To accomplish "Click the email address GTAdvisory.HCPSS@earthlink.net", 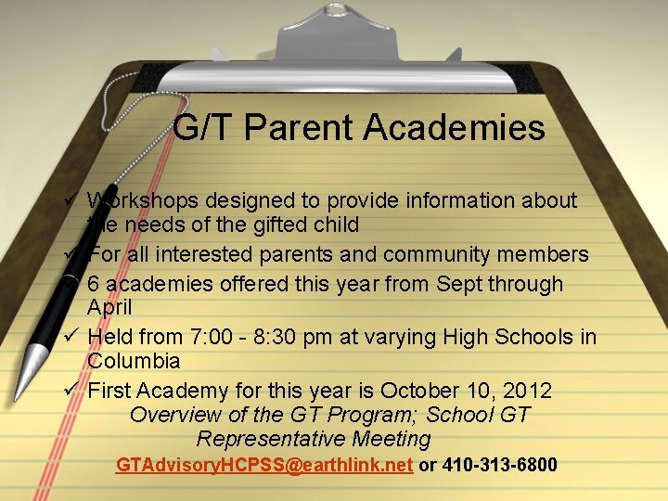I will [263, 465].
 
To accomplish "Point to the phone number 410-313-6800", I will [500, 465].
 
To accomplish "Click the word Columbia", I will [134, 360].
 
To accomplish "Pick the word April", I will [109, 307].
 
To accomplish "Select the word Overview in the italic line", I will [173, 415].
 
